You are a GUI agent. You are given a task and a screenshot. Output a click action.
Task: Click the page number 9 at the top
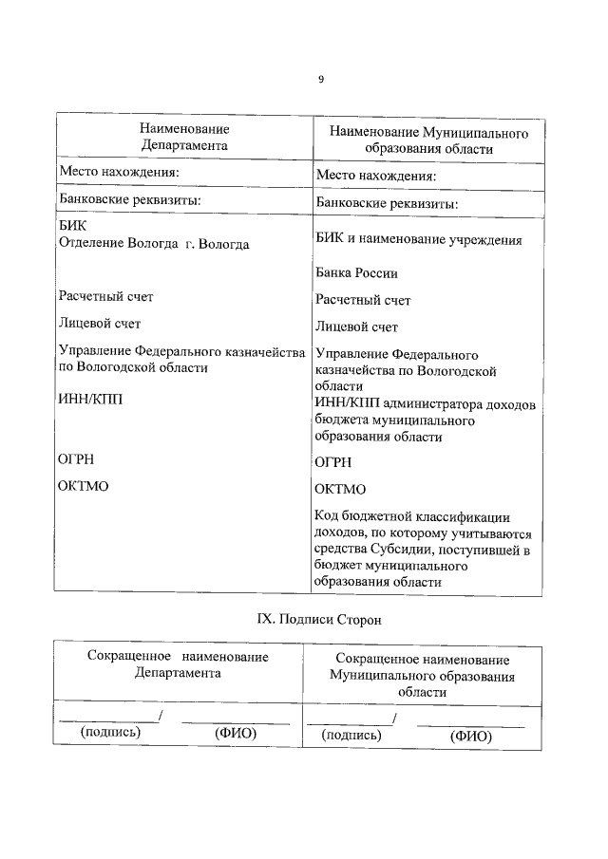point(320,80)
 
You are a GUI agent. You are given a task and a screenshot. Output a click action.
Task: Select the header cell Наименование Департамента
point(184,138)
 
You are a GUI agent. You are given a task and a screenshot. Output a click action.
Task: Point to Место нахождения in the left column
point(119,173)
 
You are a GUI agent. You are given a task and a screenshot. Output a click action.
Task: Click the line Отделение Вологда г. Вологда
point(154,244)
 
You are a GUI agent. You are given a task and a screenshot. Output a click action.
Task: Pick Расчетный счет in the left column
point(105,296)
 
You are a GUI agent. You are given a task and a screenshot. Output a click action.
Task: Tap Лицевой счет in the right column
point(356,327)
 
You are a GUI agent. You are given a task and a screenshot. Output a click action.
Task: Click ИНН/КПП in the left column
point(90,401)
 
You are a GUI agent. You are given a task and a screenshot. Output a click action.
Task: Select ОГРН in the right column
point(332,462)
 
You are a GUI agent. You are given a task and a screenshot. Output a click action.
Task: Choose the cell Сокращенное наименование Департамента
point(178,664)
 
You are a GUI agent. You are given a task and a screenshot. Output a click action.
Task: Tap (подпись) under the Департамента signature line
point(111,732)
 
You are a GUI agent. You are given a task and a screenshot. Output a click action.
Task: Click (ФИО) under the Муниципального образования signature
point(469,736)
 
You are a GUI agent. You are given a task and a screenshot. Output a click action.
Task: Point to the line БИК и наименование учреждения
point(418,240)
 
